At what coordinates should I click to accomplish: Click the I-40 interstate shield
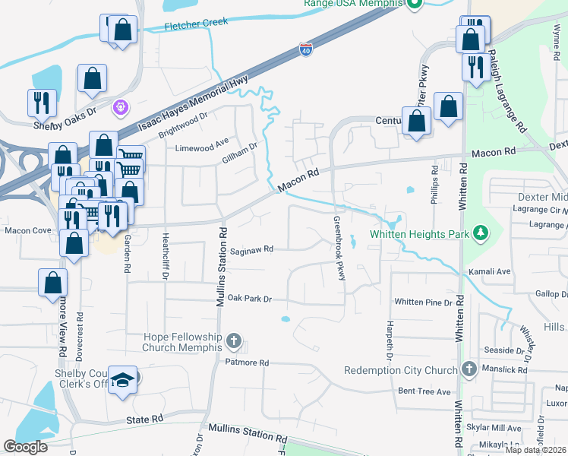pos(305,50)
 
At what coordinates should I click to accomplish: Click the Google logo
pos(25,447)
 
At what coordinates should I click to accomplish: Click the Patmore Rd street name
pos(247,363)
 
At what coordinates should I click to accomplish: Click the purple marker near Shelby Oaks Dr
pos(119,108)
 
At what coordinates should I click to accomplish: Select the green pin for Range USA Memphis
pos(414,5)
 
